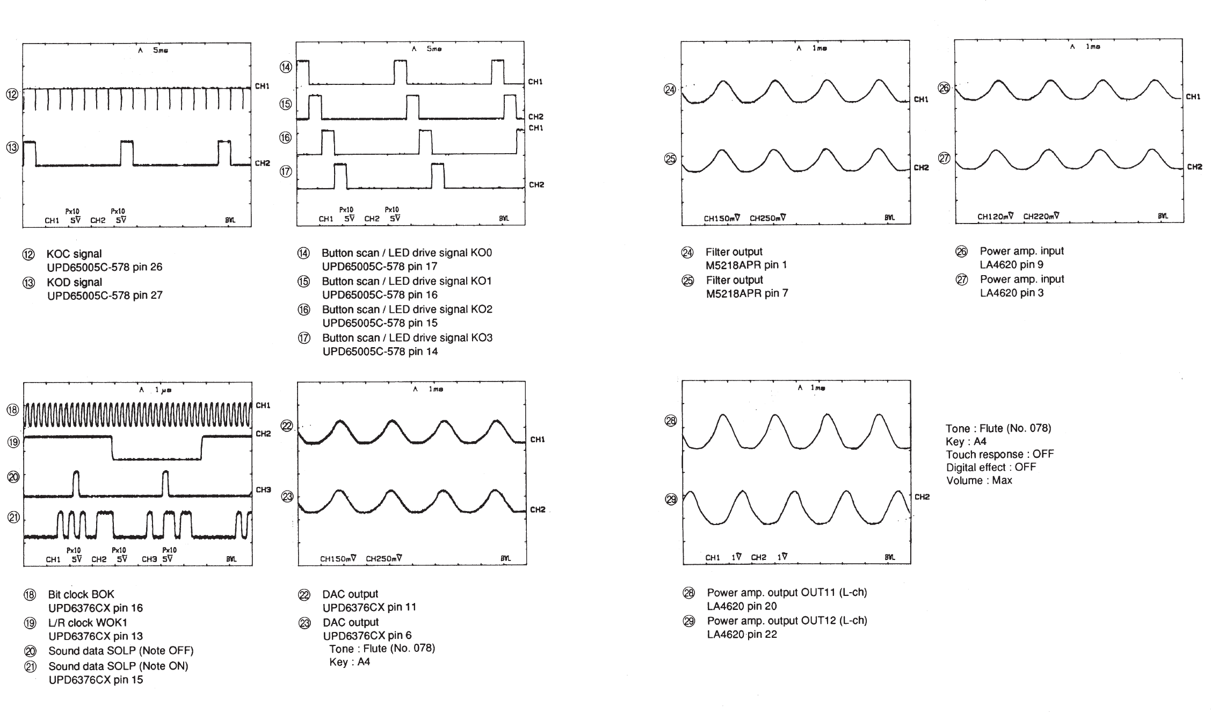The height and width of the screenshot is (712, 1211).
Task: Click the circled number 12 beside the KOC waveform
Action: tap(12, 94)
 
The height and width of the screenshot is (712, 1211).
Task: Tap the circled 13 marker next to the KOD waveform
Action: tap(12, 147)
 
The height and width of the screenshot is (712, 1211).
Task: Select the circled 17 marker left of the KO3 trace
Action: tap(286, 171)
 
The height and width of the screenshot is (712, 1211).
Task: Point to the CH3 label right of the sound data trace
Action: tap(263, 490)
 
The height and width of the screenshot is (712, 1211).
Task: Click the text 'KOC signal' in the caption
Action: tap(74, 254)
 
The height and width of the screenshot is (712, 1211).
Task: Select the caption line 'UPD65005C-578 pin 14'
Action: tap(380, 351)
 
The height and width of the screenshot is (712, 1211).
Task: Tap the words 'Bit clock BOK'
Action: tap(81, 594)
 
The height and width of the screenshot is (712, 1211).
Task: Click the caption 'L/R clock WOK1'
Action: tap(88, 623)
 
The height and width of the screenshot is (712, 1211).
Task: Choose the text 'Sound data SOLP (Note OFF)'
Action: tap(121, 651)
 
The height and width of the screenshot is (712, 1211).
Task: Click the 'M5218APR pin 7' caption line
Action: tap(746, 293)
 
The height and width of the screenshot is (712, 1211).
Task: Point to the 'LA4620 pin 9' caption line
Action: tap(1011, 264)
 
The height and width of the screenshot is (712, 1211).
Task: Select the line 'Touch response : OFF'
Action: tap(999, 454)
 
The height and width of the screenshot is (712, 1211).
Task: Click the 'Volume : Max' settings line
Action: tap(978, 480)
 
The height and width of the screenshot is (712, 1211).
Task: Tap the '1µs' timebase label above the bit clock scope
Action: tap(163, 390)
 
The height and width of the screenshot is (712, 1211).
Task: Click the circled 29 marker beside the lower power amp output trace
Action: tap(671, 499)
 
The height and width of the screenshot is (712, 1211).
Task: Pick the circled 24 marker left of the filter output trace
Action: tap(670, 90)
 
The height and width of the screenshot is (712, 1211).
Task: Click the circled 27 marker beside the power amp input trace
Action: tap(944, 158)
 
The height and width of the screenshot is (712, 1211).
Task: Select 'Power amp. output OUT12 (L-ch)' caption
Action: tap(787, 621)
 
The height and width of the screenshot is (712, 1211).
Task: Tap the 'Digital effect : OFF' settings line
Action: tap(991, 467)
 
